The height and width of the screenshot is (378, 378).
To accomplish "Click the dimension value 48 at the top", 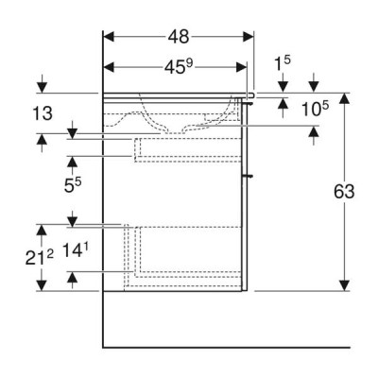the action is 179,37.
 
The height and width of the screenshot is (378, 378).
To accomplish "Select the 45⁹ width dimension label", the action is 178,67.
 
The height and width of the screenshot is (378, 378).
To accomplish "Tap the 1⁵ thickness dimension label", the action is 283,62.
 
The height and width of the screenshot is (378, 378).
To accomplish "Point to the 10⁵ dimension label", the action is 315,109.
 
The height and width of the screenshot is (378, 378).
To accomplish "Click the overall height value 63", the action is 344,192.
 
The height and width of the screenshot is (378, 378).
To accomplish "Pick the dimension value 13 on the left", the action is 43,113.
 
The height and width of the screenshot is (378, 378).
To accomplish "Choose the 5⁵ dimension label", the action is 73,185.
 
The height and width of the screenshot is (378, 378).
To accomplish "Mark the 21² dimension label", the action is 39,257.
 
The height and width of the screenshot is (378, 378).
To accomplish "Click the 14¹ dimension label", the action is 76,251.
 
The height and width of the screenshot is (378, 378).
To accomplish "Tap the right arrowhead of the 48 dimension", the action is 249,37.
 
